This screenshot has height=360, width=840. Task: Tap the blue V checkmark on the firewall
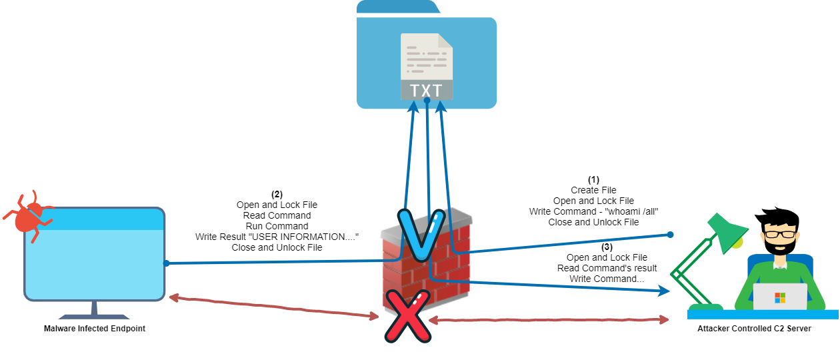point(422,235)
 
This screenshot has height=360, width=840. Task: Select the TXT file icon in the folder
point(427,67)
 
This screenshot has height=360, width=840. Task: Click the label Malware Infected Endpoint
point(94,329)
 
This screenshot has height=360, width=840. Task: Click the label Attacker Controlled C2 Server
point(754,329)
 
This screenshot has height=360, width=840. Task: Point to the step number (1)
point(593,180)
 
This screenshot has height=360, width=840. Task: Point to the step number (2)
point(277,194)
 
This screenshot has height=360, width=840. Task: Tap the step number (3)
point(607,247)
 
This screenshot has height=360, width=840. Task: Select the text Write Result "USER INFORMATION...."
point(277,237)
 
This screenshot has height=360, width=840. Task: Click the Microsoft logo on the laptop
point(780,297)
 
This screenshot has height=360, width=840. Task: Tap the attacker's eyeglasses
point(780,234)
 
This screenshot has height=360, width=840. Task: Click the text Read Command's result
point(607,268)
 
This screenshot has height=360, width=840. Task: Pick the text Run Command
point(277,226)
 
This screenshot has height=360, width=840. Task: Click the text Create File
point(593,190)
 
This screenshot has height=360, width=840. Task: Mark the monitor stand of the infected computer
point(94,309)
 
